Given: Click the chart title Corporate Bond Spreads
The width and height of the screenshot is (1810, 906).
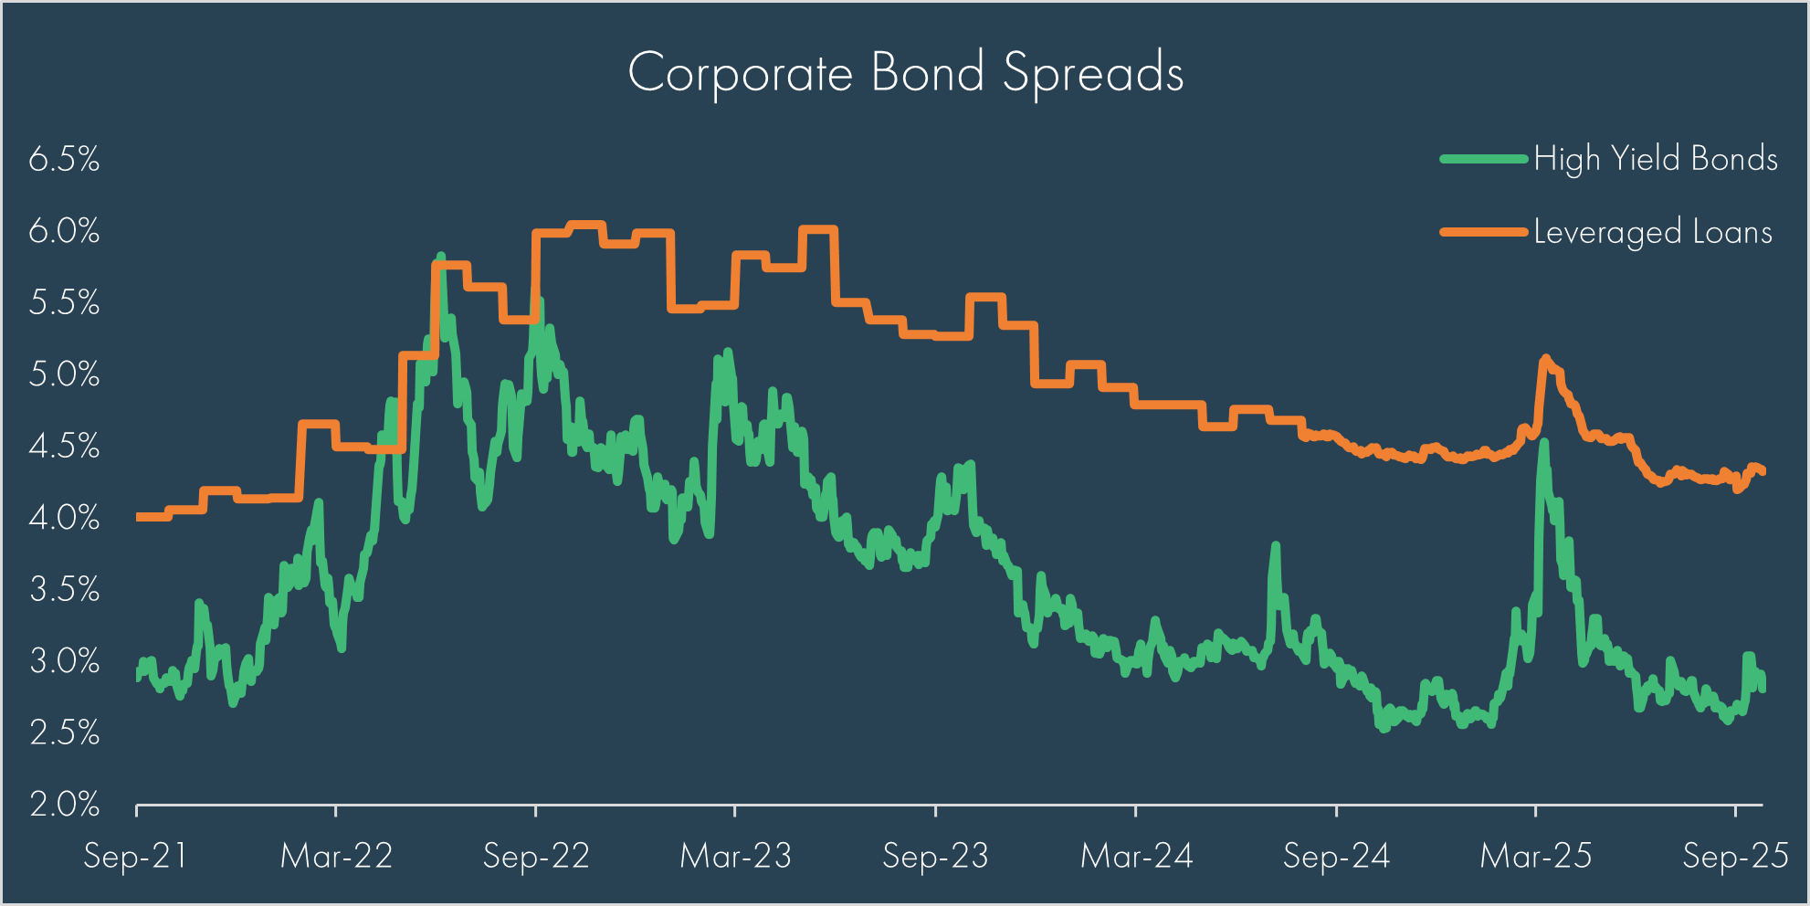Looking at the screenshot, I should point(905,73).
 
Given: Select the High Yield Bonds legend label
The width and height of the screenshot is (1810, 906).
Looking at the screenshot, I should point(1655,159).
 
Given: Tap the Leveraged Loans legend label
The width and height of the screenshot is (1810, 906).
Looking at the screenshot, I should point(1652,232).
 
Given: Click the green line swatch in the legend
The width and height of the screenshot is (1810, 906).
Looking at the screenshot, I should point(1484,159).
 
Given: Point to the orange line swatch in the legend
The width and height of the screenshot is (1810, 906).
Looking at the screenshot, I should point(1484,232).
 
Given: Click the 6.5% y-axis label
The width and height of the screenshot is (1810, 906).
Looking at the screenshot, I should point(64,160).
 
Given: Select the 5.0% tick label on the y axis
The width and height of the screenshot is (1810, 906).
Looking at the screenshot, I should point(64,374).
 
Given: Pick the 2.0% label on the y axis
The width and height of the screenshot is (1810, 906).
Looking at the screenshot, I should point(64,805).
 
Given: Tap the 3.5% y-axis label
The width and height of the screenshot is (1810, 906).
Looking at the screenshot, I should point(64,589).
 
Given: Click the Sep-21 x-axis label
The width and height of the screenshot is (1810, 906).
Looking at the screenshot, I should point(135,857).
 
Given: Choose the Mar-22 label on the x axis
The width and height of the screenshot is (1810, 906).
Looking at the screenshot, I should point(336,857).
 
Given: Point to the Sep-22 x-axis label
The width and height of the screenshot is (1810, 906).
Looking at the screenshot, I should point(536,857).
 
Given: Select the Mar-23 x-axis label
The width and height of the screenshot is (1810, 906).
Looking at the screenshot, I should point(735,857).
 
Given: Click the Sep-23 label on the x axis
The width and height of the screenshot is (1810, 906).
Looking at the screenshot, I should point(935,857).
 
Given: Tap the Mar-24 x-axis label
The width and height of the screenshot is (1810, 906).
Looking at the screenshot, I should point(1136,857).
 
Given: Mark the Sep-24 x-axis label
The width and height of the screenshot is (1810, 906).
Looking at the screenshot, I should point(1336,857).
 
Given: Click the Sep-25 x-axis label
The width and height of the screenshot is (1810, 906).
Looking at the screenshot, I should point(1735,857).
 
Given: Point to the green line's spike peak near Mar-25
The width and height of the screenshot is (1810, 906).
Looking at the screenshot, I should point(1543,443).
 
